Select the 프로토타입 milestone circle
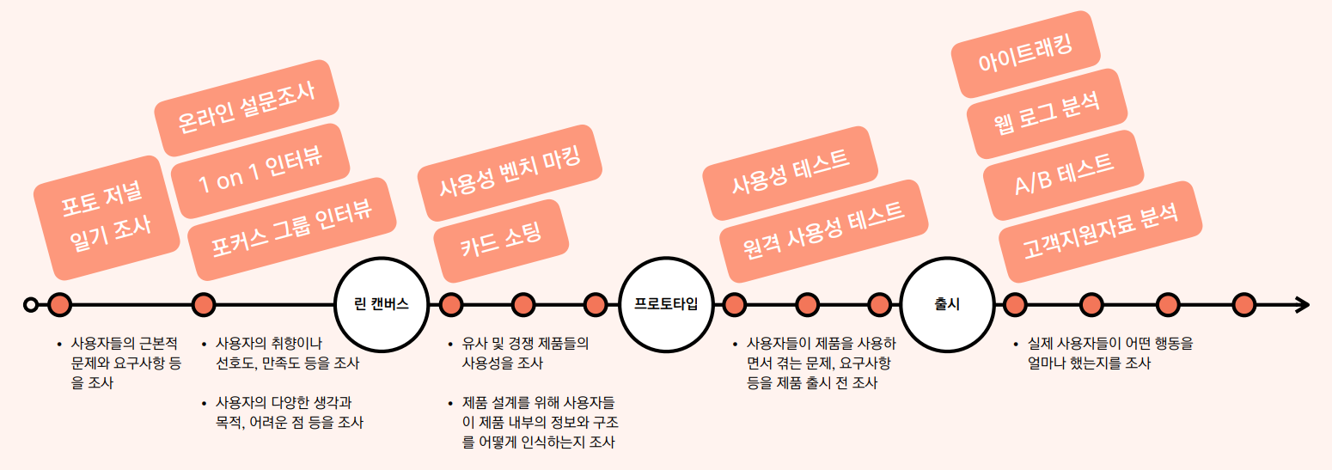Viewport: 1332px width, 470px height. click(665, 304)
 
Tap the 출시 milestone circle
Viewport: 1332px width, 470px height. click(946, 304)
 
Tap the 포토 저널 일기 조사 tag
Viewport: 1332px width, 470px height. click(106, 217)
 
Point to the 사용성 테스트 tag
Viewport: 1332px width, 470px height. click(791, 171)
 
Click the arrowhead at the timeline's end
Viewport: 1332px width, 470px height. click(1302, 304)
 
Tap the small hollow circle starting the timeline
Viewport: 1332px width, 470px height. click(31, 304)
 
